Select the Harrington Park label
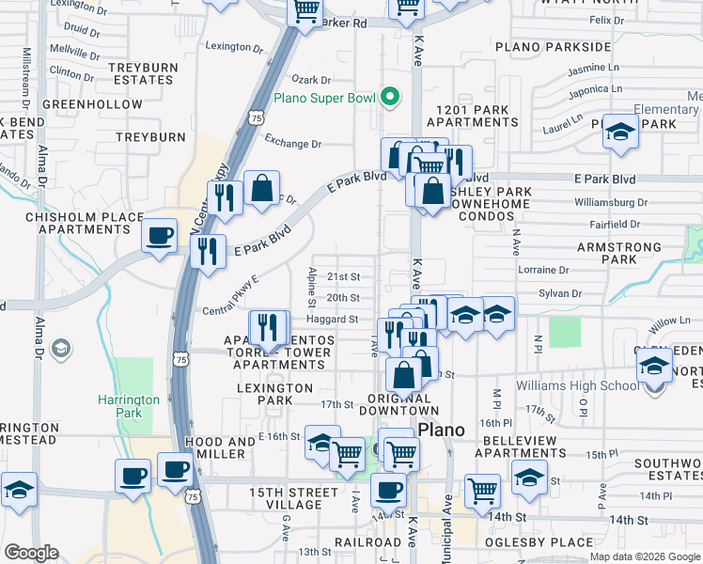tap(129, 405)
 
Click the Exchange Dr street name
tap(292, 144)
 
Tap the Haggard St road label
tap(341, 319)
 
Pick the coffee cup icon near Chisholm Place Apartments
tap(159, 234)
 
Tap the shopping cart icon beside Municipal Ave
tap(482, 490)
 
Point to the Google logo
tap(31, 553)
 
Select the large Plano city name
tap(442, 430)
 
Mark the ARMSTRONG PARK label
tap(632, 252)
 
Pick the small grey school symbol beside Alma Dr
tap(62, 350)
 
